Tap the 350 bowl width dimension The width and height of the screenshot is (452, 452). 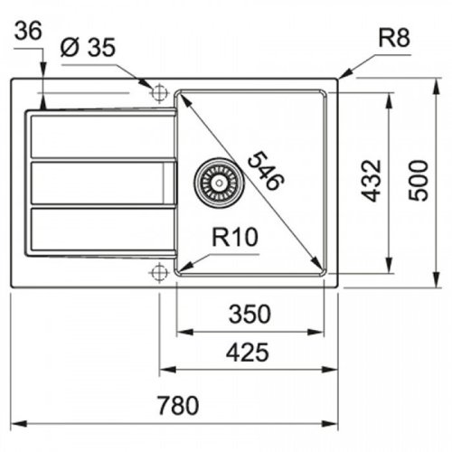[249, 315]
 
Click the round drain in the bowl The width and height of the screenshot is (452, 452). [215, 178]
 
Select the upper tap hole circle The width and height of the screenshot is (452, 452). [160, 90]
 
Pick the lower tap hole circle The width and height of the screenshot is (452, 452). [160, 270]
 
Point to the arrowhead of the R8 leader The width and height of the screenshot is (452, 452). [342, 79]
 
